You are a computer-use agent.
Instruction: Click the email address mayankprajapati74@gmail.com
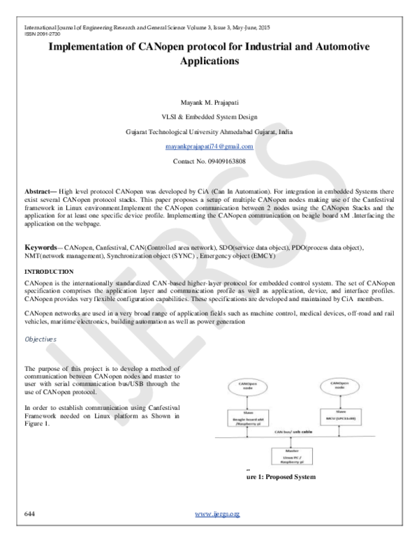tap(209, 147)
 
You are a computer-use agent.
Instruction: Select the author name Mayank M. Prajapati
tap(209, 101)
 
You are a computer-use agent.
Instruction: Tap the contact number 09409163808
tap(209, 162)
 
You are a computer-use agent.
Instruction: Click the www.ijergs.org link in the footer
tap(217, 514)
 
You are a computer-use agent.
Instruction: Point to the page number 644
tap(30, 514)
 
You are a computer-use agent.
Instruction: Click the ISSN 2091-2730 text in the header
tap(41, 33)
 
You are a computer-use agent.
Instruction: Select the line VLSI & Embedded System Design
tap(209, 116)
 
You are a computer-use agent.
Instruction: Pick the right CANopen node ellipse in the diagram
tap(339, 386)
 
